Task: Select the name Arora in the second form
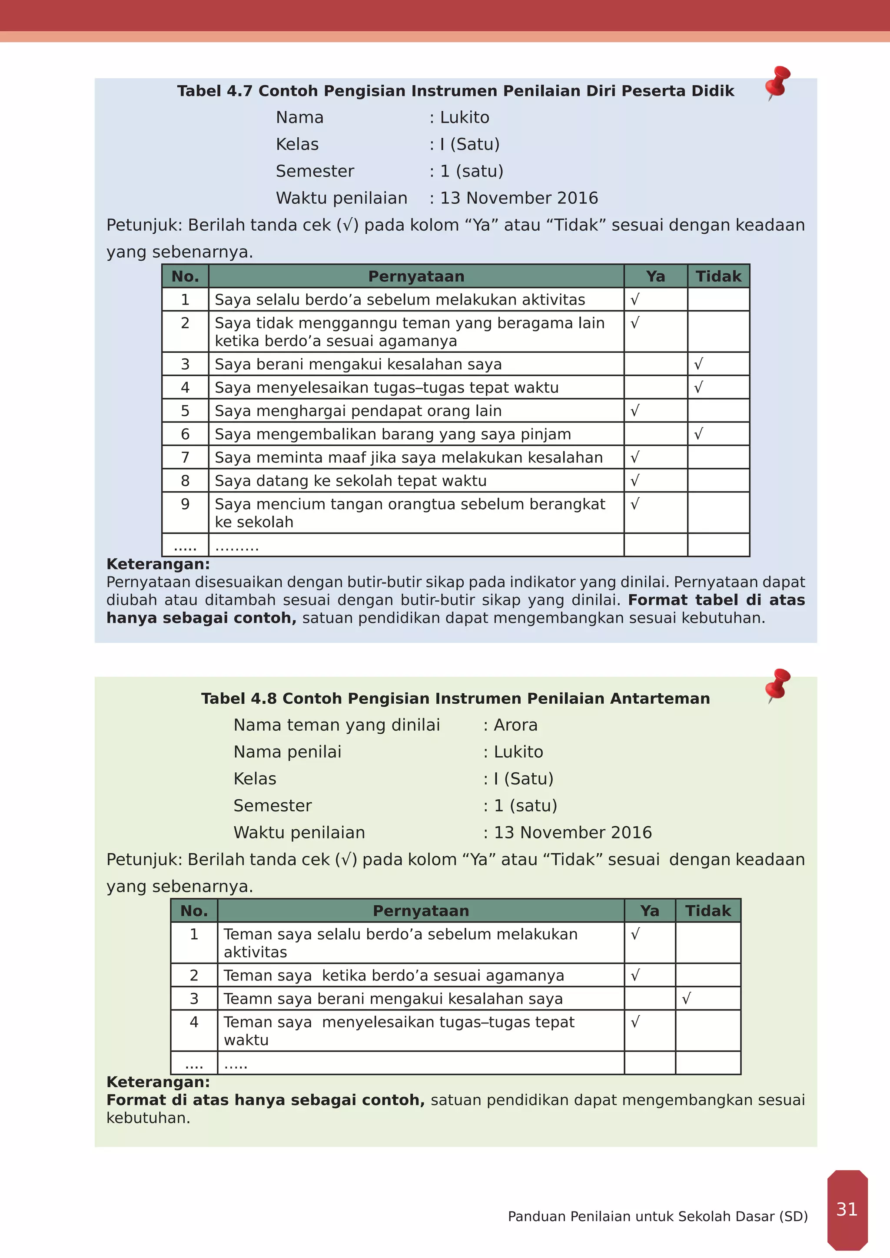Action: pyautogui.click(x=515, y=725)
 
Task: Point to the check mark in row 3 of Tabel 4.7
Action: pyautogui.click(x=698, y=364)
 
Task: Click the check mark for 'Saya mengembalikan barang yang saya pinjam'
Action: pyautogui.click(x=698, y=434)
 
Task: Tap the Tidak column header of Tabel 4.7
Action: pyautogui.click(x=718, y=276)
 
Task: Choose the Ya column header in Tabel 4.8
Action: pyautogui.click(x=649, y=910)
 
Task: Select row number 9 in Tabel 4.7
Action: pyautogui.click(x=185, y=504)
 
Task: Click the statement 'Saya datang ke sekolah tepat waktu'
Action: pyautogui.click(x=350, y=480)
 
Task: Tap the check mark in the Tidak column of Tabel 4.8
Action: pyautogui.click(x=686, y=998)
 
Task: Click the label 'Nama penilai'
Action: pyautogui.click(x=287, y=752)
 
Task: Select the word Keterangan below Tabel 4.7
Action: pyautogui.click(x=158, y=564)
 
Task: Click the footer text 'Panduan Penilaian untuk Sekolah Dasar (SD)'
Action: pyautogui.click(x=658, y=1216)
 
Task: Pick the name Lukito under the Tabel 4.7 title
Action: pyautogui.click(x=464, y=117)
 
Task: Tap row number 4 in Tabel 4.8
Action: pyautogui.click(x=194, y=1022)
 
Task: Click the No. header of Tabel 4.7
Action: pyautogui.click(x=185, y=276)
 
